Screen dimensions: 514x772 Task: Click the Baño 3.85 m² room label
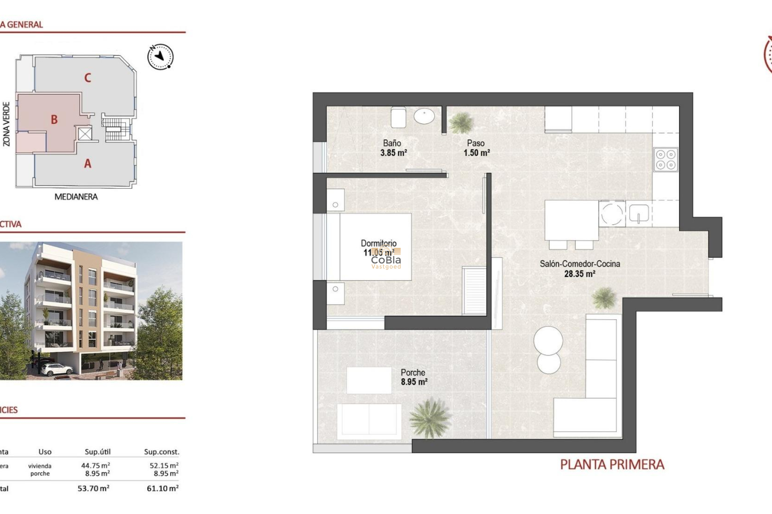(x=393, y=148)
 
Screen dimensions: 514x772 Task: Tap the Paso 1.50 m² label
(x=476, y=148)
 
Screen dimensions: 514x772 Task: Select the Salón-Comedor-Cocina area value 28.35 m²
(x=579, y=274)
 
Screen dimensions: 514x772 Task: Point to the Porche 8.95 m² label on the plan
(x=414, y=377)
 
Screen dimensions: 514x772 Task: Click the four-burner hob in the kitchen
(x=665, y=159)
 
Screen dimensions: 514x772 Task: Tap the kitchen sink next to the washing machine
(x=639, y=213)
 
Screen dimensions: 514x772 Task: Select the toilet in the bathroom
(x=398, y=117)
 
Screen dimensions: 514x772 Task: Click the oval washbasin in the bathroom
(x=424, y=117)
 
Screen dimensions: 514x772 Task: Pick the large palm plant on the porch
(x=429, y=418)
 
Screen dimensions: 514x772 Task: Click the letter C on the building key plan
(x=88, y=78)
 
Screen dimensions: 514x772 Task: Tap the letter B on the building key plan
(x=54, y=119)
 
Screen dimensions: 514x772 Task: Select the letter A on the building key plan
(x=88, y=163)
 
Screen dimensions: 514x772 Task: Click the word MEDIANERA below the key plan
(x=76, y=197)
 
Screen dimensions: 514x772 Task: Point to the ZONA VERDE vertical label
(x=6, y=124)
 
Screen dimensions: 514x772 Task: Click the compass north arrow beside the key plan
(x=160, y=57)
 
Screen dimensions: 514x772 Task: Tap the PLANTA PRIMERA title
(x=612, y=465)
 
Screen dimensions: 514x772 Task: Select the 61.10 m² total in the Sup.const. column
(x=162, y=488)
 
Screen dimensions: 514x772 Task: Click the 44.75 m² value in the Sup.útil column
(x=95, y=465)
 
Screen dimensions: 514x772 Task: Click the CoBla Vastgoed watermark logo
(x=386, y=260)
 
